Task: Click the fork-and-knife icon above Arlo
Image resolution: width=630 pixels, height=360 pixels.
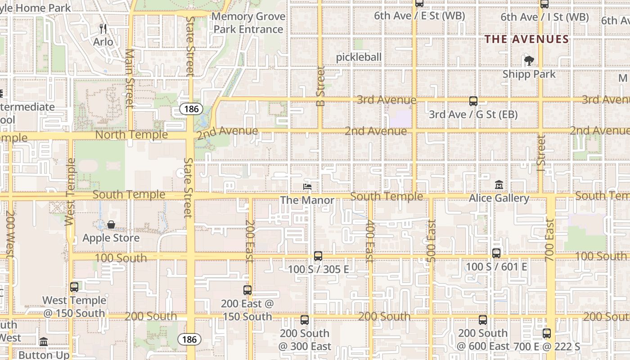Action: tap(103, 29)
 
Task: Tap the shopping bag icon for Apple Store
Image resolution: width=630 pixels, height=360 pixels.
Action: tap(111, 225)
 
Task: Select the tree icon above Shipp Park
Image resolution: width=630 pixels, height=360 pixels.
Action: tap(529, 61)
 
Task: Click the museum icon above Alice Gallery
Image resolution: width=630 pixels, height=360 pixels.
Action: tap(499, 185)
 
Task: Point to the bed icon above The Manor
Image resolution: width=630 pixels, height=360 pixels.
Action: tap(308, 187)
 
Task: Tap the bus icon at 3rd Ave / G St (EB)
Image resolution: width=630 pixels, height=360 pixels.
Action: tap(473, 101)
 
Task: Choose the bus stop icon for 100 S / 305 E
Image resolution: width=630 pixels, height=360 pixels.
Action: tap(318, 256)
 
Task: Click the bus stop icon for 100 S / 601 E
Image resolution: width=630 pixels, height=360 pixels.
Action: tap(496, 253)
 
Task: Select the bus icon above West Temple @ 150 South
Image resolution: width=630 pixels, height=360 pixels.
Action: tap(74, 287)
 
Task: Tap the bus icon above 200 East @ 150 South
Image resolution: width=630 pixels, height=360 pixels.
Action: tap(247, 290)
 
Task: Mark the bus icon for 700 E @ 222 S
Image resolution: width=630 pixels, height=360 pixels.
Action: tap(547, 333)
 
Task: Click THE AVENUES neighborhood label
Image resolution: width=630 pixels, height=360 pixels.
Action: tap(526, 39)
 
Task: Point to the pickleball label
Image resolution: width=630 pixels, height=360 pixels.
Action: tap(359, 57)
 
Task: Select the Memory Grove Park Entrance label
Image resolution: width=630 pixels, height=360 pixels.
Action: tap(249, 23)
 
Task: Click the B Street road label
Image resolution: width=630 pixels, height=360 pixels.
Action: tap(320, 86)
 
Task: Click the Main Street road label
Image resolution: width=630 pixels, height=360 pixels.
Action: tap(130, 79)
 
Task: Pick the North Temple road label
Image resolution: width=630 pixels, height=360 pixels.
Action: tap(131, 135)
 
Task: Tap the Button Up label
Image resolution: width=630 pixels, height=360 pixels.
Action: tap(44, 355)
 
